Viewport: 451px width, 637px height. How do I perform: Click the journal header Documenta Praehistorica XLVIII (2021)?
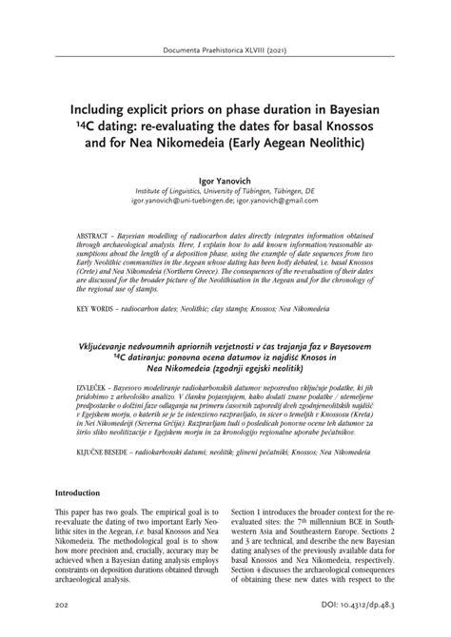point(225,49)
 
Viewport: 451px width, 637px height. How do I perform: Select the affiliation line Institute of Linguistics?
point(225,190)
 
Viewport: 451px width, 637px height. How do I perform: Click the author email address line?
point(225,201)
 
